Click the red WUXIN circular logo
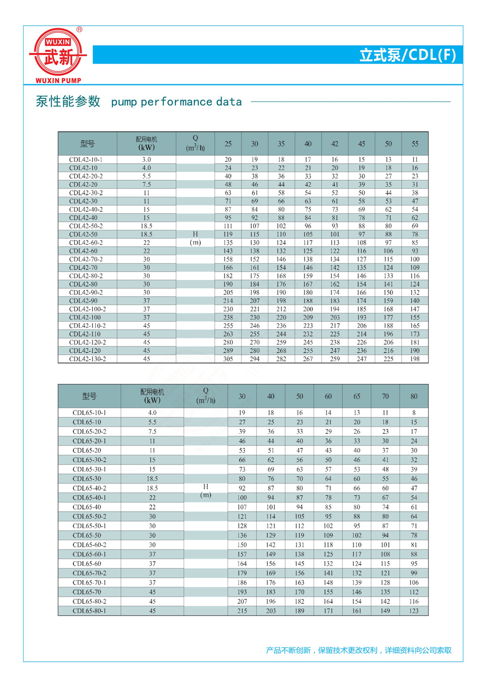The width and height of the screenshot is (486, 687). pos(58,55)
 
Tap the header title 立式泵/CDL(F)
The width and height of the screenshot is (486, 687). pos(407,55)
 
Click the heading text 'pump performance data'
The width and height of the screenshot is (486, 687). pos(176,102)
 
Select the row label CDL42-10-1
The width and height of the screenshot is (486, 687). pos(86,159)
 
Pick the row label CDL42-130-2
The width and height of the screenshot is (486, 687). pos(87,359)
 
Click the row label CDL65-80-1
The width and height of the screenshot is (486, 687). pos(89,611)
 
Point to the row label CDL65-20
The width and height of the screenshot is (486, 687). pos(87,450)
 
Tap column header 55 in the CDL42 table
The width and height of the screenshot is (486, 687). pos(415,144)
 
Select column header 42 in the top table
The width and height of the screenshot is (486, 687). pos(335,144)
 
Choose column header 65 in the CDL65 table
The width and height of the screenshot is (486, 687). pos(357,396)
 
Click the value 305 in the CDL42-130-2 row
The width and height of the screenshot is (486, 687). pos(228,359)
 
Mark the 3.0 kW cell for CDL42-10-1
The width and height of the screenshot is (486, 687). pos(146,159)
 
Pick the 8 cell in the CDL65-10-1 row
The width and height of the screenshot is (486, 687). pos(414,412)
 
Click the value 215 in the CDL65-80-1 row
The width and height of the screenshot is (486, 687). pos(242,611)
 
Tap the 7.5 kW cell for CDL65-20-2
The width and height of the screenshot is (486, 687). pos(152,431)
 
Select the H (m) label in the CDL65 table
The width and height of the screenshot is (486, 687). pos(206,491)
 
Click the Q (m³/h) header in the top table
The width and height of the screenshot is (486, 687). pos(195,143)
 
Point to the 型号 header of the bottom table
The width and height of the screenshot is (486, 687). pos(89,396)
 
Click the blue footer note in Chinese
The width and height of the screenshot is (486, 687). pos(358,650)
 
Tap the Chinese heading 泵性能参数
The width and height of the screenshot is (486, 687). pos(68,102)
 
